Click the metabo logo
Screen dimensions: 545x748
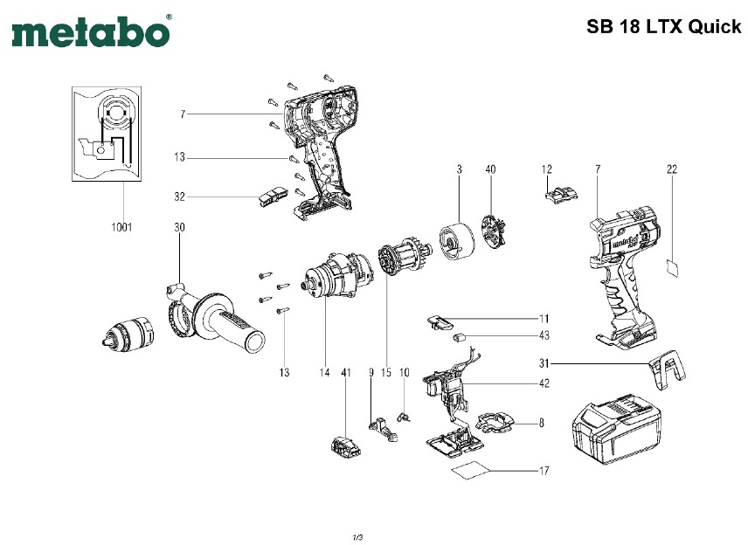click(91, 32)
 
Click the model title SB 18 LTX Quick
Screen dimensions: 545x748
click(663, 26)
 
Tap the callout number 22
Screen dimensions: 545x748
click(671, 168)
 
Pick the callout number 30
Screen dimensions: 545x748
click(179, 228)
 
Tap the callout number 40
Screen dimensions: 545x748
click(490, 168)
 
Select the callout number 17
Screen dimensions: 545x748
click(544, 472)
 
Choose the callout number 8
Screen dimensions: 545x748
click(541, 424)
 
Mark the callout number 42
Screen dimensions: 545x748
click(544, 383)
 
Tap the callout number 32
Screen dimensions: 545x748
click(180, 197)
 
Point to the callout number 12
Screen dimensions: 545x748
click(547, 168)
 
